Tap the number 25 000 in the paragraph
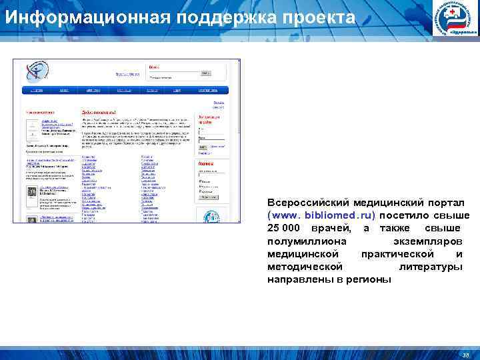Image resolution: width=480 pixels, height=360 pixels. tap(283, 229)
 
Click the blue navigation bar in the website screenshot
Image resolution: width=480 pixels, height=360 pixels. tap(127, 89)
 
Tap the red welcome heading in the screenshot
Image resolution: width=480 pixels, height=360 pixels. tap(99, 113)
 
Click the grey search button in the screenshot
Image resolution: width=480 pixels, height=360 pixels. tap(211, 198)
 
